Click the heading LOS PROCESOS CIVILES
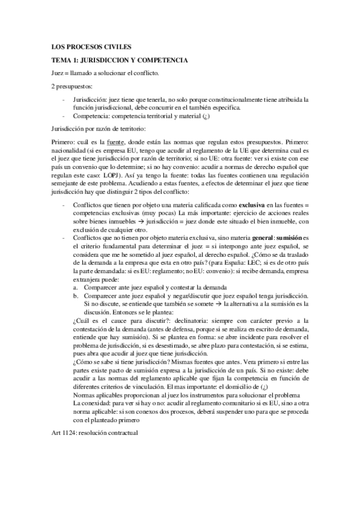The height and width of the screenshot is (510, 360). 91,46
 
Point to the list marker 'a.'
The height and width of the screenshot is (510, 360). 75,287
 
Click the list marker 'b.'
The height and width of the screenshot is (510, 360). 75,295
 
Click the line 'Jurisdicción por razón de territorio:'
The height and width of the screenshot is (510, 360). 99,128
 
